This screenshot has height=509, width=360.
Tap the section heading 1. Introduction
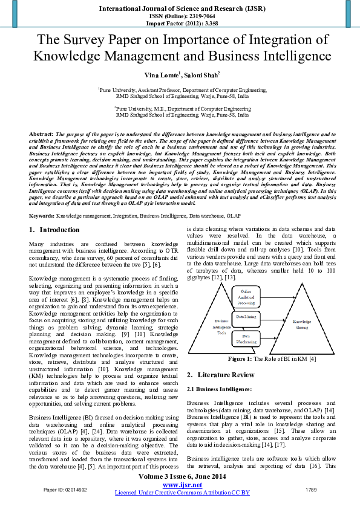click(x=54, y=230)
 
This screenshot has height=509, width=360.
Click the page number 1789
click(x=311, y=488)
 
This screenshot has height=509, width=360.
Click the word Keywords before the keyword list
click(x=42, y=215)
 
